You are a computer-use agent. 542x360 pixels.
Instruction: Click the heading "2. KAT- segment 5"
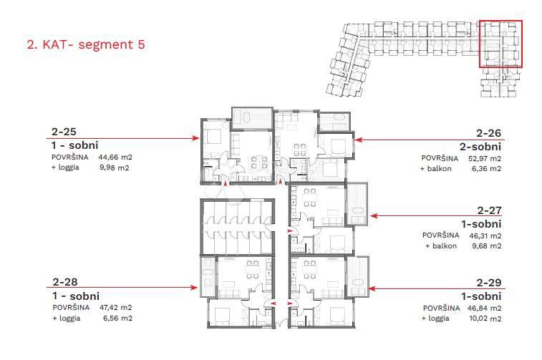click(x=84, y=44)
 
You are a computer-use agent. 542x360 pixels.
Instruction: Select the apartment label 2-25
click(x=64, y=132)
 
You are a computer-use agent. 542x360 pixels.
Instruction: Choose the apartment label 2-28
click(x=64, y=283)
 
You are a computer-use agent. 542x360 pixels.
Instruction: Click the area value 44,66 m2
click(x=117, y=157)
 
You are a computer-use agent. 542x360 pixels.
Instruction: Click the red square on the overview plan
click(x=500, y=44)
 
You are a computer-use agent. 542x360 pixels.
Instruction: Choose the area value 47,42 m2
click(x=117, y=307)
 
